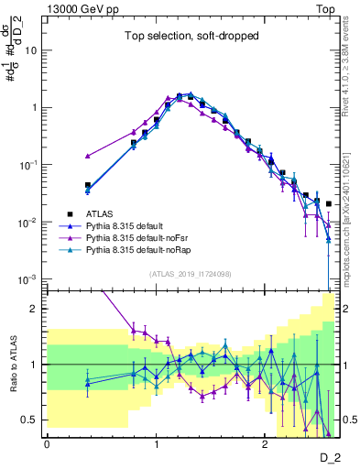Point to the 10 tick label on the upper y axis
click(33, 50)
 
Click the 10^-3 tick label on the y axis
click(30, 278)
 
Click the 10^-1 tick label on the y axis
click(30, 165)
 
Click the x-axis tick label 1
click(156, 444)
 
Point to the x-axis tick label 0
click(47, 444)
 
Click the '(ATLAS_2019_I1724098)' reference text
click(191, 274)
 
